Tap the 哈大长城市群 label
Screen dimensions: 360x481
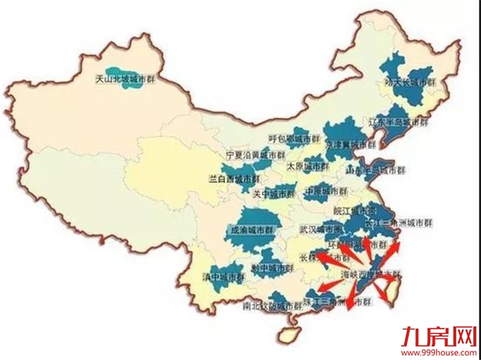409,82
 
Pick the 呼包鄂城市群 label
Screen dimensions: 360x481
293,139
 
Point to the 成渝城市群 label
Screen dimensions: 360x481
252,229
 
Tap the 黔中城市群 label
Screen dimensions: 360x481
272,268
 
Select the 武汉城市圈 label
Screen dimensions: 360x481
321,229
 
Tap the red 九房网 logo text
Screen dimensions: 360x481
440,337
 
